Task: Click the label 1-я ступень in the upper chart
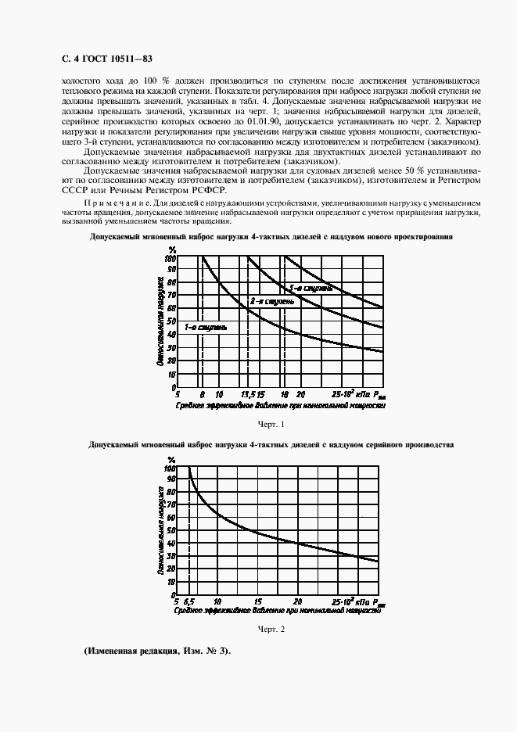pyautogui.click(x=206, y=326)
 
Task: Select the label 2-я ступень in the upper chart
pyautogui.click(x=272, y=301)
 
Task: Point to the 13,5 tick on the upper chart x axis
pyautogui.click(x=248, y=393)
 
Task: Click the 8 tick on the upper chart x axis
pyautogui.click(x=201, y=393)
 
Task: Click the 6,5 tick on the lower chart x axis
pyautogui.click(x=189, y=602)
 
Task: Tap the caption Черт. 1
pyautogui.click(x=271, y=424)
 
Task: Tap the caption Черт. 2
pyautogui.click(x=271, y=629)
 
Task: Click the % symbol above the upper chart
pyautogui.click(x=172, y=250)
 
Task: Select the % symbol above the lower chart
pyautogui.click(x=172, y=459)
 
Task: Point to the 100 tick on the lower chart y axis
pyautogui.click(x=171, y=468)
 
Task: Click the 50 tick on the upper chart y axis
pyautogui.click(x=172, y=322)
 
